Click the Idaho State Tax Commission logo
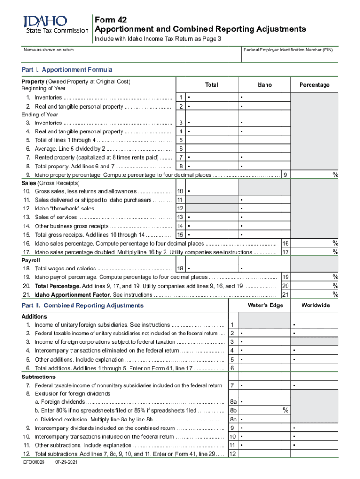pos(56,24)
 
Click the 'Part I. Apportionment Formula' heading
pos(67,70)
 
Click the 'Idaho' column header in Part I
pos(264,85)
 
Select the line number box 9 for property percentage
pos(285,174)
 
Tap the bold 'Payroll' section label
pos(31,260)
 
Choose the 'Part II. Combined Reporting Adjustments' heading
pos(82,305)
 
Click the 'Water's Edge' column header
pos(264,305)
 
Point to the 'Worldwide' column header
pos(316,305)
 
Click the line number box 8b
pos(233,410)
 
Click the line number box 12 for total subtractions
pos(232,454)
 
